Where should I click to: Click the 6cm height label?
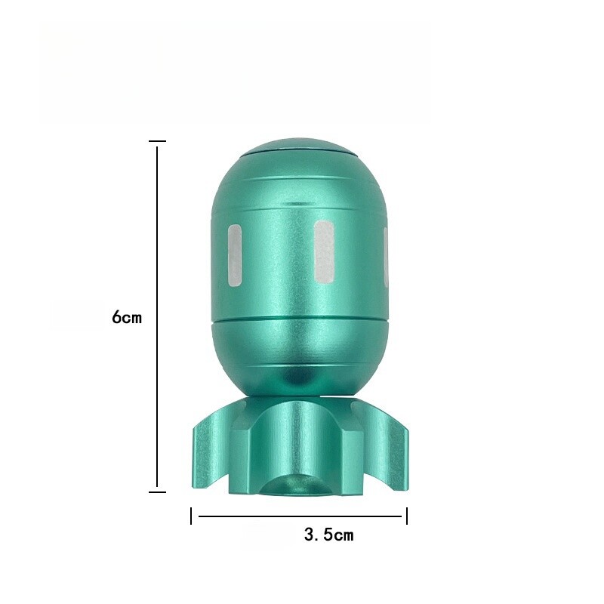click(127, 318)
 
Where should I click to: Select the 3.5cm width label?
click(328, 535)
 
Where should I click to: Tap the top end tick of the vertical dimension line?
click(157, 141)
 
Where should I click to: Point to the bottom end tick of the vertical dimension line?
click(157, 492)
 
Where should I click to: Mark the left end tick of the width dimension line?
click(192, 516)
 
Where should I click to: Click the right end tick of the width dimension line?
click(407, 516)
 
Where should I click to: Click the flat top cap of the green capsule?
click(300, 146)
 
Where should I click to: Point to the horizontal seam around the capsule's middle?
click(300, 322)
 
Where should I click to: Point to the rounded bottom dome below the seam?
click(300, 355)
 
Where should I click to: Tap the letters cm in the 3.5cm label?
click(344, 536)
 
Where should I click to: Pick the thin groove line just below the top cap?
click(300, 179)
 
